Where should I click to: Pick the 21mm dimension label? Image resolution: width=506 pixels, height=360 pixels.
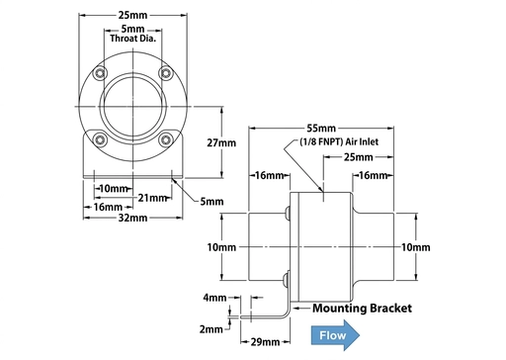151,197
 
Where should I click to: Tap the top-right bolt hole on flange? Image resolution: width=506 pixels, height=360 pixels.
165,75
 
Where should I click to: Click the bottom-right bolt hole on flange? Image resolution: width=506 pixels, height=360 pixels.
165,139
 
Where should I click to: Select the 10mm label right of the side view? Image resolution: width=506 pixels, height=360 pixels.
417,246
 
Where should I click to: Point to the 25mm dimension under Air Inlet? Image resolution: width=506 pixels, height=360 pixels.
358,157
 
